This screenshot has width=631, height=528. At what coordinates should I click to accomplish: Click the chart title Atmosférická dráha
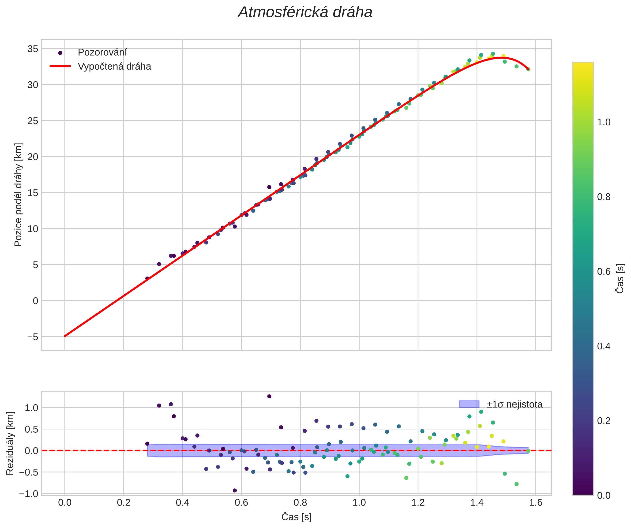pyautogui.click(x=305, y=13)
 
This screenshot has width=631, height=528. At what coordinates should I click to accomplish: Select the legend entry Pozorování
pyautogui.click(x=102, y=52)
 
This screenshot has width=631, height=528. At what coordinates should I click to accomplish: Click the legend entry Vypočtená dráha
pyautogui.click(x=114, y=66)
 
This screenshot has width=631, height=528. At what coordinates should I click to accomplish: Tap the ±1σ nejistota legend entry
pyautogui.click(x=515, y=404)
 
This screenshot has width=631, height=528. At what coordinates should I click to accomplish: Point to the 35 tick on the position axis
pyautogui.click(x=33, y=49)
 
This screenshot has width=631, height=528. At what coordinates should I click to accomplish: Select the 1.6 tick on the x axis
pyautogui.click(x=535, y=503)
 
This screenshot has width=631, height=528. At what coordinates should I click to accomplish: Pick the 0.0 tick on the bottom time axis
pyautogui.click(x=65, y=503)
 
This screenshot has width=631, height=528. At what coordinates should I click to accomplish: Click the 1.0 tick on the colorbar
pyautogui.click(x=604, y=123)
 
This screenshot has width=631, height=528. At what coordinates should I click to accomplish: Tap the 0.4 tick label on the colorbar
pyautogui.click(x=604, y=346)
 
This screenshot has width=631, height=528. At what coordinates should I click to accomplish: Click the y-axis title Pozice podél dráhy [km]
pyautogui.click(x=18, y=195)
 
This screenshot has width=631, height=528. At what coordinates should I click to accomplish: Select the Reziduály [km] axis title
pyautogui.click(x=10, y=443)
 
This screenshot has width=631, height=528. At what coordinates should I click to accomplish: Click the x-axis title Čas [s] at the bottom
pyautogui.click(x=296, y=517)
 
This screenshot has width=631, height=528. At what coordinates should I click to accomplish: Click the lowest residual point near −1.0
pyautogui.click(x=235, y=491)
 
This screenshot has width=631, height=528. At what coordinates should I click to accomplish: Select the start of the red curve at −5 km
pyautogui.click(x=65, y=336)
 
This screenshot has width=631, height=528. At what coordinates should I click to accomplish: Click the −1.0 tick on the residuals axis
pyautogui.click(x=29, y=494)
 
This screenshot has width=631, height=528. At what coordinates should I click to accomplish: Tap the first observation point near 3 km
pyautogui.click(x=147, y=278)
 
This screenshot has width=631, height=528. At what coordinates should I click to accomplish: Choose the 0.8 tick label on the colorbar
pyautogui.click(x=604, y=197)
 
